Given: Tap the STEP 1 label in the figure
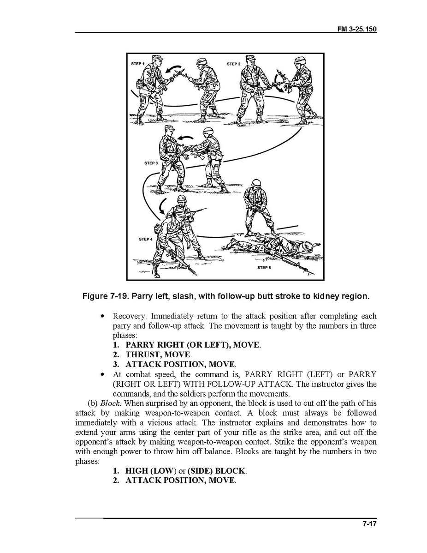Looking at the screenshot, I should coord(137,63).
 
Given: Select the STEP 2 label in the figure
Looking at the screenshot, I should coord(233,64).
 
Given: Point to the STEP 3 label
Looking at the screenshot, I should coord(151,163).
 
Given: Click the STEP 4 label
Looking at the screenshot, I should coord(145,239).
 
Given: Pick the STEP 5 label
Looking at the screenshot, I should coord(264,268).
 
